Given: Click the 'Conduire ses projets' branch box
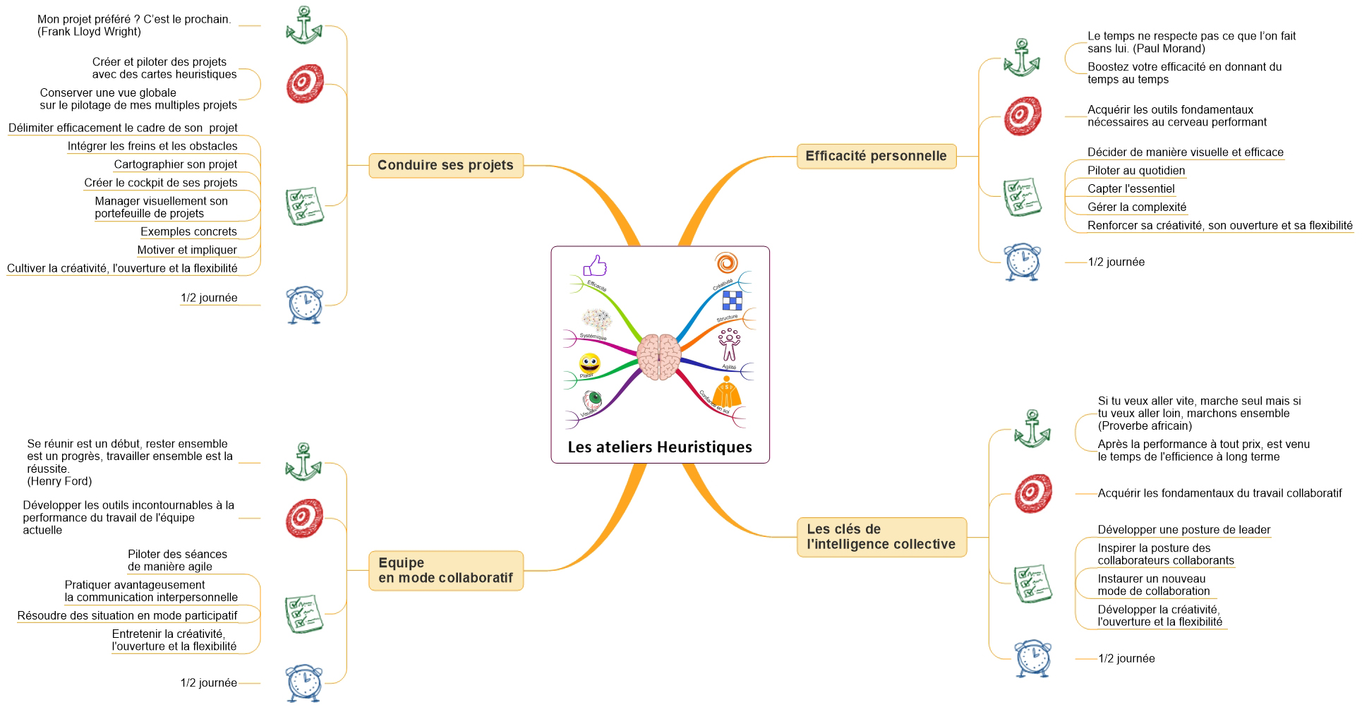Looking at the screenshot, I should click(445, 165).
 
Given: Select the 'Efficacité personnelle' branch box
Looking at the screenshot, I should click(876, 156).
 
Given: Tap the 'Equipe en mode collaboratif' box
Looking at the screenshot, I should click(445, 570).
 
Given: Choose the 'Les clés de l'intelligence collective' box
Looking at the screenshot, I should click(881, 537).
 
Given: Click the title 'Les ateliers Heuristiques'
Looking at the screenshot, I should click(660, 447).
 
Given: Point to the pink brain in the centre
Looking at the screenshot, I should click(658, 357).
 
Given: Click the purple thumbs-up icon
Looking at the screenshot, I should click(595, 266).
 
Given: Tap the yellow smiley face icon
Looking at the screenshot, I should click(589, 363).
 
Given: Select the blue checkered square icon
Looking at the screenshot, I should click(732, 301).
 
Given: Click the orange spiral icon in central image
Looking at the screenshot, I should click(726, 262).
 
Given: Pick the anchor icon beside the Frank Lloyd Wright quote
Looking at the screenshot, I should click(303, 25).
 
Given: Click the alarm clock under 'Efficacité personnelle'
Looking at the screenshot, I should click(1022, 262).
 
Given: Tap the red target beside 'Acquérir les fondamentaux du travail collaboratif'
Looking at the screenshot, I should click(1033, 493).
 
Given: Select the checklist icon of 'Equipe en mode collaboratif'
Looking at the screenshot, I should click(304, 613).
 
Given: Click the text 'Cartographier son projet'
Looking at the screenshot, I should click(176, 164).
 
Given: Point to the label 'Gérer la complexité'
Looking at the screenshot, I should click(1136, 207).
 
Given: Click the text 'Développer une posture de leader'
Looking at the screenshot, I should click(1183, 529).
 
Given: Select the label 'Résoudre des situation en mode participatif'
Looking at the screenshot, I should click(127, 615).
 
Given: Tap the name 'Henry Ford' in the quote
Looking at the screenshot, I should click(60, 481).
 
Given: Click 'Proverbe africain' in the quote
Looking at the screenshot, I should click(1145, 425).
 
